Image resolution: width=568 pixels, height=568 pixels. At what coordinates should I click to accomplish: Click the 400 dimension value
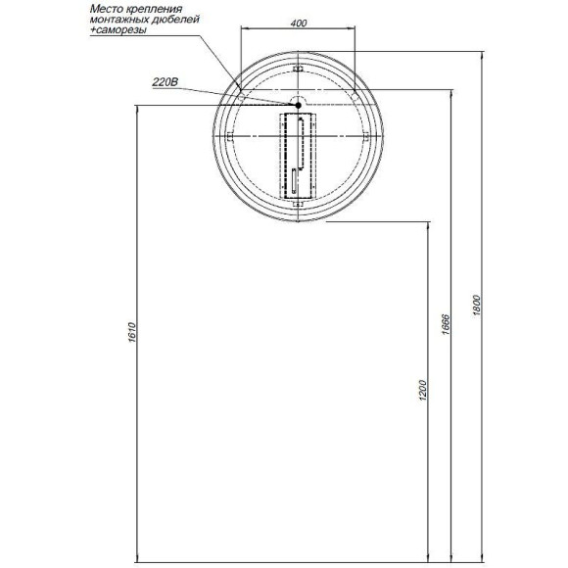(x=298, y=24)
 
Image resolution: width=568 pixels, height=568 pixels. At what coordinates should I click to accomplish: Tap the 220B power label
(x=166, y=82)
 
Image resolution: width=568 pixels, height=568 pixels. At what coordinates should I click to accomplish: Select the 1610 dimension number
(x=131, y=332)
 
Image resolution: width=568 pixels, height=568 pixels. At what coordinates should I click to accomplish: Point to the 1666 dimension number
(x=446, y=324)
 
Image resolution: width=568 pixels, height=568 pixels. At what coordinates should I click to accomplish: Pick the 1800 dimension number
(x=477, y=306)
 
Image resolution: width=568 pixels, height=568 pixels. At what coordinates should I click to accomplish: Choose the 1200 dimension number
(x=423, y=390)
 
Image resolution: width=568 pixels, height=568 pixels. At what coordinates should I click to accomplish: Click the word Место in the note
(x=106, y=8)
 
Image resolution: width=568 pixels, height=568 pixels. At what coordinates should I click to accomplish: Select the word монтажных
(x=118, y=19)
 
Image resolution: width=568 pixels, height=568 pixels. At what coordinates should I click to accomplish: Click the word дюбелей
(x=175, y=20)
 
